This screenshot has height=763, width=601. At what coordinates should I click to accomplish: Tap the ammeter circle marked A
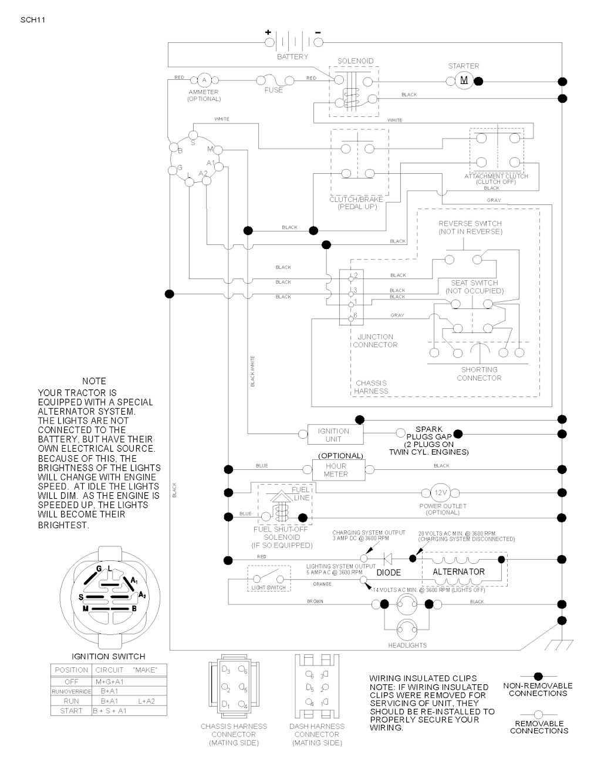tap(204, 79)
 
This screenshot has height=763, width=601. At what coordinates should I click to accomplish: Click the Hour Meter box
tap(336, 470)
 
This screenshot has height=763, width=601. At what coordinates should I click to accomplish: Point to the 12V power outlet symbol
tap(440, 493)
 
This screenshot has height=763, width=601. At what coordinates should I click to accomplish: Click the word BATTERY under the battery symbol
tap(292, 57)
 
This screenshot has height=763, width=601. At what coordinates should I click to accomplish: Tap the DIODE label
tap(389, 572)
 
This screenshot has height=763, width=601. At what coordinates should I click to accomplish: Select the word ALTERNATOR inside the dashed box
tap(458, 572)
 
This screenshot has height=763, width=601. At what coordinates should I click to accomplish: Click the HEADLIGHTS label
tap(407, 646)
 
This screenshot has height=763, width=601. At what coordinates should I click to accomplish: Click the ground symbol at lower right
tap(553, 644)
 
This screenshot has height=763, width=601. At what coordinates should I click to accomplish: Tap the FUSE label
tap(274, 90)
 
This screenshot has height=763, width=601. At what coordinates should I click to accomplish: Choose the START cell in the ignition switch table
tap(71, 711)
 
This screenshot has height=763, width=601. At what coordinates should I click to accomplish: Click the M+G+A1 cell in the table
tap(110, 681)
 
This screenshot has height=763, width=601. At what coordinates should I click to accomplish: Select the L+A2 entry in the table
tap(147, 701)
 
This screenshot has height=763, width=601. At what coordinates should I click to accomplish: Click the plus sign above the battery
tap(268, 32)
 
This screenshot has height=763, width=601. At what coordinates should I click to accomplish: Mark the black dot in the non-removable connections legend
tap(538, 677)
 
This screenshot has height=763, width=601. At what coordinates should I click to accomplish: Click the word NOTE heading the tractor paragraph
tap(94, 381)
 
